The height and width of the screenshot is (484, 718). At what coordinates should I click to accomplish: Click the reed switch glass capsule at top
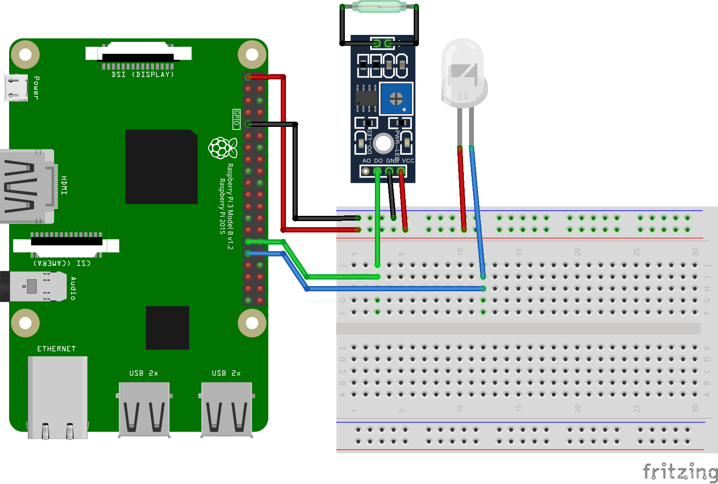tap(379, 7)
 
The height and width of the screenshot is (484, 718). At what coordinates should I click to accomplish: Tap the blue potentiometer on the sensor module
tap(396, 99)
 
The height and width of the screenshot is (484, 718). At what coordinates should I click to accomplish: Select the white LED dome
tap(464, 72)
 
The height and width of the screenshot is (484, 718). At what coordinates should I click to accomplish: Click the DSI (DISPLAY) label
tap(143, 75)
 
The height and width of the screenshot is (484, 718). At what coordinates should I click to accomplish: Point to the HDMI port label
tap(64, 185)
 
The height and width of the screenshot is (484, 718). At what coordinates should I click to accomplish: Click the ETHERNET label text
tap(56, 349)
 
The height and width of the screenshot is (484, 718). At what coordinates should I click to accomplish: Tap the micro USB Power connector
tap(16, 87)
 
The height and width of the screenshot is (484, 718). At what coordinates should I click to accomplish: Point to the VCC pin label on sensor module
tap(408, 161)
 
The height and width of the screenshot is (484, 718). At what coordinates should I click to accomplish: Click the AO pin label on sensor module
tap(367, 161)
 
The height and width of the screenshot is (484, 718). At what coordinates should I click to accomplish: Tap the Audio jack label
tap(73, 288)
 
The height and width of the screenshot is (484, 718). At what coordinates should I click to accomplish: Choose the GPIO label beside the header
tap(236, 119)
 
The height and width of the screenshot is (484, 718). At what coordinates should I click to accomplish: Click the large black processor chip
tap(161, 167)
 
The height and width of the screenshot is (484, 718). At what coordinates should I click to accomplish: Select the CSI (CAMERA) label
tap(62, 263)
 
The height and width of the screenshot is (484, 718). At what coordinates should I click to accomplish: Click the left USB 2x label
tap(143, 373)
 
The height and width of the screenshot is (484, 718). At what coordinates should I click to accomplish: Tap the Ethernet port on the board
tap(58, 397)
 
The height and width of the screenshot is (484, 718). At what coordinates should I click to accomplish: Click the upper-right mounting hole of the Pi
tap(252, 55)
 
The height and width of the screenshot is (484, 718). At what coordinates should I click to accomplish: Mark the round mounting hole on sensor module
tap(383, 143)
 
